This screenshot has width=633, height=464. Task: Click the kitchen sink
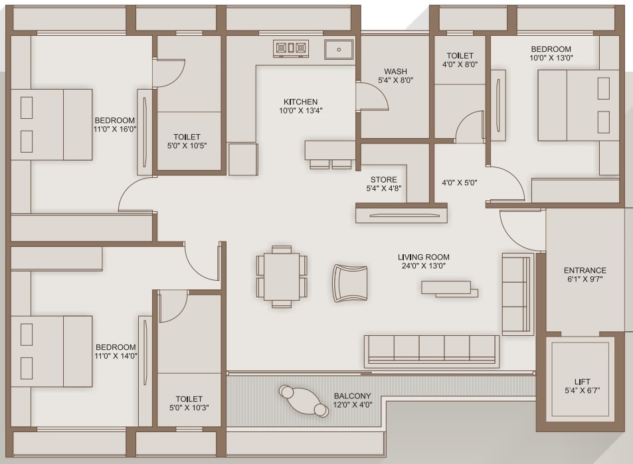(339, 49)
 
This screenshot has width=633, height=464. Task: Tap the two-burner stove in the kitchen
(292, 48)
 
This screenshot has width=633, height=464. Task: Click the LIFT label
(582, 382)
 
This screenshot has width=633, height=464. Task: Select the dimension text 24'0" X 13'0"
(423, 266)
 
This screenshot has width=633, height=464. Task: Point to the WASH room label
(395, 72)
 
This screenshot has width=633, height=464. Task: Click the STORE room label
(384, 180)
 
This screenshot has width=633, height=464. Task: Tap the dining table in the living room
(282, 277)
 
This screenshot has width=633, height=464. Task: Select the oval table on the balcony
(304, 401)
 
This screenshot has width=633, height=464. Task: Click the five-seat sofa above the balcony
(431, 350)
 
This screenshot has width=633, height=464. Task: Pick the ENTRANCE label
(585, 270)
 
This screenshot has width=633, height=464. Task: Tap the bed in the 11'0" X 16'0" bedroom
(51, 124)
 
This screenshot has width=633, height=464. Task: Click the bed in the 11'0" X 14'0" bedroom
(51, 350)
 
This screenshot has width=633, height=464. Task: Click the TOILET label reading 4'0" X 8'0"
(460, 65)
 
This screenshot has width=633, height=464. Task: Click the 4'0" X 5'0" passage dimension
(459, 183)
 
